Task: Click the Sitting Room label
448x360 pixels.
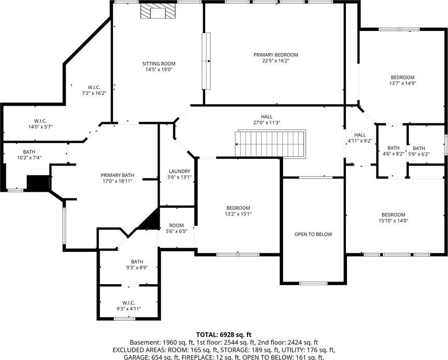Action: [159, 64]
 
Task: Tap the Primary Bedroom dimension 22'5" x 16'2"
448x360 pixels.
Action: [275, 61]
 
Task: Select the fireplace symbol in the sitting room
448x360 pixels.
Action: [157, 11]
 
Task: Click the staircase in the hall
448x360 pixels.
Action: [271, 143]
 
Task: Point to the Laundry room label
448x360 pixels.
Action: [179, 171]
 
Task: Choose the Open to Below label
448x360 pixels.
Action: [313, 235]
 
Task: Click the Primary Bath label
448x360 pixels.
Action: [118, 175]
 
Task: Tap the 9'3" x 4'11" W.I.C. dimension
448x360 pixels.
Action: [128, 309]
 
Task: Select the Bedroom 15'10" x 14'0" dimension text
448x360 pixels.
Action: [393, 221]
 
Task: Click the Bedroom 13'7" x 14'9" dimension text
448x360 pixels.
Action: [403, 84]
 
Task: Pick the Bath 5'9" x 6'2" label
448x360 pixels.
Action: [419, 149]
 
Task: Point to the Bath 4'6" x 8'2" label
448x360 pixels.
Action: [393, 148]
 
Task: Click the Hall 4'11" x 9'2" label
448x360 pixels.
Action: [360, 135]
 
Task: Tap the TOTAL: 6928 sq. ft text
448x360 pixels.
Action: [224, 335]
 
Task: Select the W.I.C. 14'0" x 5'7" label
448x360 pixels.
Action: [41, 121]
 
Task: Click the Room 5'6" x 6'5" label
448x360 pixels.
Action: [177, 225]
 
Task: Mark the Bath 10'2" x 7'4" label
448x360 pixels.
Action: [29, 152]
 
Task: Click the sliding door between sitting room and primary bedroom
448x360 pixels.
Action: [206, 61]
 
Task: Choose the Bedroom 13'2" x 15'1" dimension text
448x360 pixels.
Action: [238, 214]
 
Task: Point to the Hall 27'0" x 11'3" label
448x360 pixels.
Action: [267, 117]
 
